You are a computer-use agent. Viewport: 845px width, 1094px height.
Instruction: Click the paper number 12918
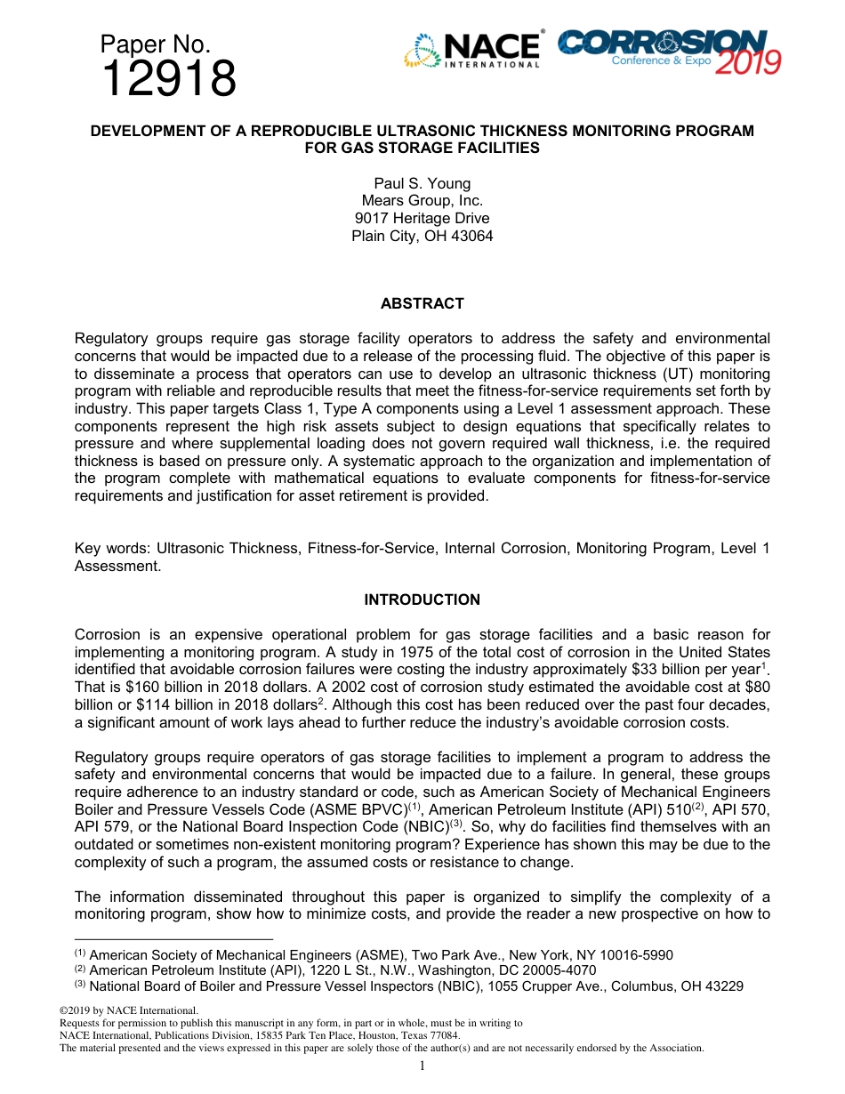(x=169, y=79)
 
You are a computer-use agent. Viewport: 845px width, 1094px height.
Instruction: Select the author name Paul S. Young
(x=422, y=184)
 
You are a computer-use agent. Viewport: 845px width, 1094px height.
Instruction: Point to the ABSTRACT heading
(x=422, y=303)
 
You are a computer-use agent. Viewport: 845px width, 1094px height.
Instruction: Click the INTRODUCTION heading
(x=422, y=599)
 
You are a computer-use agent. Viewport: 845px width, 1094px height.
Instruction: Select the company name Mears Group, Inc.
(x=422, y=201)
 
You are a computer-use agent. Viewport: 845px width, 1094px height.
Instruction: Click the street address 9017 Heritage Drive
(x=422, y=218)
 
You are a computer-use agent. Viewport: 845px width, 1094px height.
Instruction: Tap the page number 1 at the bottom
(x=422, y=1066)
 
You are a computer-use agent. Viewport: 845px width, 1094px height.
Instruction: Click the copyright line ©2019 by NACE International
(x=128, y=1010)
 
